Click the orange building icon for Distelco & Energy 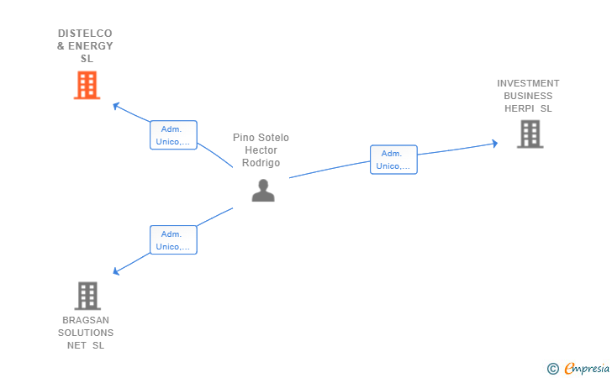[x=87, y=85]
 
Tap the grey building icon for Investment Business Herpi [x=530, y=134]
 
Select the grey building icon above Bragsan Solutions [x=87, y=296]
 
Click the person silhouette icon [x=263, y=191]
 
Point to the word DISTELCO [x=85, y=34]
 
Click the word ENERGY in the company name [x=91, y=46]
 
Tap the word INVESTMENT [x=528, y=83]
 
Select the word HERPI [x=520, y=108]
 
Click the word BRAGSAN [x=86, y=320]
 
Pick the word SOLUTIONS [x=86, y=333]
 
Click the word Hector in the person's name [x=261, y=150]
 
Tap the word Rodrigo [x=261, y=163]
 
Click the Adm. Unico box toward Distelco [x=174, y=135]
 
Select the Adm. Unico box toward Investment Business [x=393, y=160]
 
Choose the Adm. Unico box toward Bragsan [x=174, y=240]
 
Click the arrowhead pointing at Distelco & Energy [x=115, y=105]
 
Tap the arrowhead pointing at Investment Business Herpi [x=495, y=144]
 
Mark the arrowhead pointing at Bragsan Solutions [x=115, y=270]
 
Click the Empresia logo [x=578, y=368]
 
